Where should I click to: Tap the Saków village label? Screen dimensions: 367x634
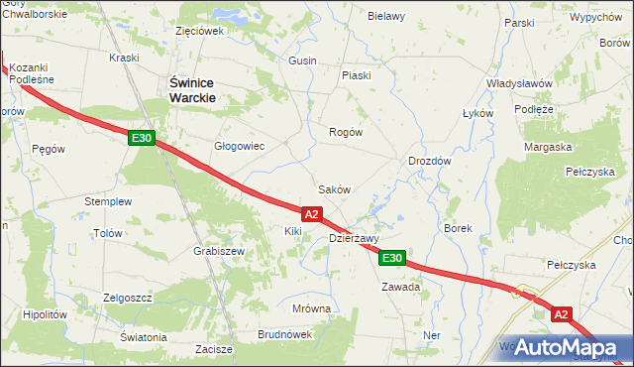pyautogui.click(x=333, y=188)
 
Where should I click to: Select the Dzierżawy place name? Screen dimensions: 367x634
pyautogui.click(x=354, y=238)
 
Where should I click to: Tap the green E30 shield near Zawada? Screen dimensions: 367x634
pyautogui.click(x=392, y=258)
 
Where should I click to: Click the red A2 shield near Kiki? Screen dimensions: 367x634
pyautogui.click(x=311, y=213)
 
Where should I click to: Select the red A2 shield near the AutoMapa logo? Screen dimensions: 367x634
pyautogui.click(x=562, y=314)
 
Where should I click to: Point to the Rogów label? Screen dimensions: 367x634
pyautogui.click(x=346, y=132)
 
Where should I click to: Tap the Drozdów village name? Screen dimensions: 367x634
pyautogui.click(x=430, y=161)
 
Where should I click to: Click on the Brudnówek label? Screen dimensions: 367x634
pyautogui.click(x=283, y=334)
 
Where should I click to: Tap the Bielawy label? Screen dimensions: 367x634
pyautogui.click(x=386, y=17)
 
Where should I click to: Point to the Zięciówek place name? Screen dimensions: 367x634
pyautogui.click(x=199, y=31)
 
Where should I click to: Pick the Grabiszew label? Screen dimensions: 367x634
pyautogui.click(x=219, y=252)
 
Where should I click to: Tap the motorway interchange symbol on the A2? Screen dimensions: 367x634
pyautogui.click(x=519, y=293)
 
